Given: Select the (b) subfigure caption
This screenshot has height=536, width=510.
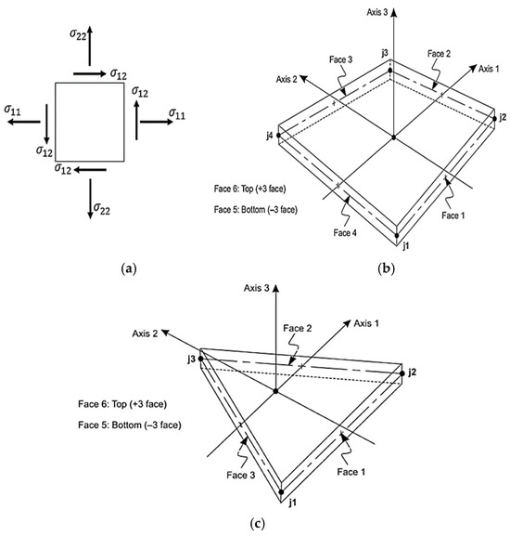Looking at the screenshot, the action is tap(386, 269).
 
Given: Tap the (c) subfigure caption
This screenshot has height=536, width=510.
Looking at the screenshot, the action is tap(257, 523).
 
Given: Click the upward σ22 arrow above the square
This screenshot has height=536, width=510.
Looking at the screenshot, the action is tap(90, 46).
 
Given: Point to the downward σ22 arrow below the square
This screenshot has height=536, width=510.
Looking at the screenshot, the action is tap(90, 199).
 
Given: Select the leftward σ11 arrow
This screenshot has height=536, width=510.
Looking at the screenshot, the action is tap(24, 122).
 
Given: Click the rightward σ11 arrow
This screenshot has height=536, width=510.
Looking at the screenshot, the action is tap(157, 122).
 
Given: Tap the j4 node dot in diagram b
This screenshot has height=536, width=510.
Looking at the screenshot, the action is tap(278, 136).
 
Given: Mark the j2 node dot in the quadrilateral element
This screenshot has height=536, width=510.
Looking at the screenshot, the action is tap(494, 119).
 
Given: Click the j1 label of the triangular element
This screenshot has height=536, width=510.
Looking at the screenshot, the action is tap(292, 503).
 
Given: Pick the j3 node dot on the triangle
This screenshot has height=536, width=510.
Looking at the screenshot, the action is tap(200, 359).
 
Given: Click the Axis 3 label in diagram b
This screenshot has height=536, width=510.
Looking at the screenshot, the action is tap(377, 12).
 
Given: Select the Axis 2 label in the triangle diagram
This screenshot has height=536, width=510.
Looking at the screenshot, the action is tap(145, 333).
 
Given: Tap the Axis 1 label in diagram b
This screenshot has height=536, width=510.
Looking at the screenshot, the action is tap(489, 69).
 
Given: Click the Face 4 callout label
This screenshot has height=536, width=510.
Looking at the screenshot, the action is tap(345, 233).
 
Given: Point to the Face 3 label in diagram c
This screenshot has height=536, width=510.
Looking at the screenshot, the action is tap(240, 475).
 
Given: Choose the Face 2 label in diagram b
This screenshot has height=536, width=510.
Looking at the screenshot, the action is tap(439, 54).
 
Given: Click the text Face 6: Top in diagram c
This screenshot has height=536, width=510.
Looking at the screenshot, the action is tap(102, 404).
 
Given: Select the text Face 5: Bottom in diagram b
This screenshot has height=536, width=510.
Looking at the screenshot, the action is tap(239, 209).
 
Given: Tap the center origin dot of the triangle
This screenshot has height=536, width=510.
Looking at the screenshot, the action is tap(275, 391).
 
